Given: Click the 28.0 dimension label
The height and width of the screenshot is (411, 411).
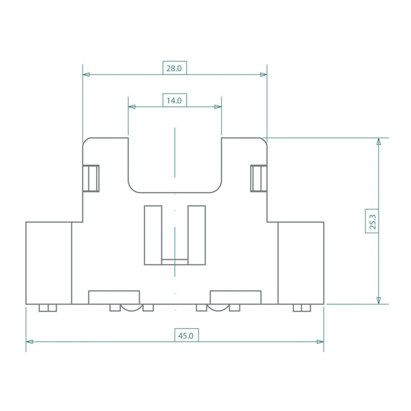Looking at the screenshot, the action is tap(174, 68).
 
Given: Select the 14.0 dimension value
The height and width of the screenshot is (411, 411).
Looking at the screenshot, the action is tap(174, 101).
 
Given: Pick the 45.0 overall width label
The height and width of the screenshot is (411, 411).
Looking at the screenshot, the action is tap(186, 336).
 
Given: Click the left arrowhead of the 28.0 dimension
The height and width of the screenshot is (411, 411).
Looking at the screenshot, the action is tap(86, 74).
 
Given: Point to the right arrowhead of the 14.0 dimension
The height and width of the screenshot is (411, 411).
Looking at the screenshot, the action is tap(218, 107).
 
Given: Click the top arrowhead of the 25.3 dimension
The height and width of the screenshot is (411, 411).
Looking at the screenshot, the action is tap(378, 141).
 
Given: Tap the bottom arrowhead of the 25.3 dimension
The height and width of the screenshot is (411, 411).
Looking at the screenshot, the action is tap(378, 300).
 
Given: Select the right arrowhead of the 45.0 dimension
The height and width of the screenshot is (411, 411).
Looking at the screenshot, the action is tap(320, 342).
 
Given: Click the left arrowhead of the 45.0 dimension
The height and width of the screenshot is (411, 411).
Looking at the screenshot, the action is tap(29, 342).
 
